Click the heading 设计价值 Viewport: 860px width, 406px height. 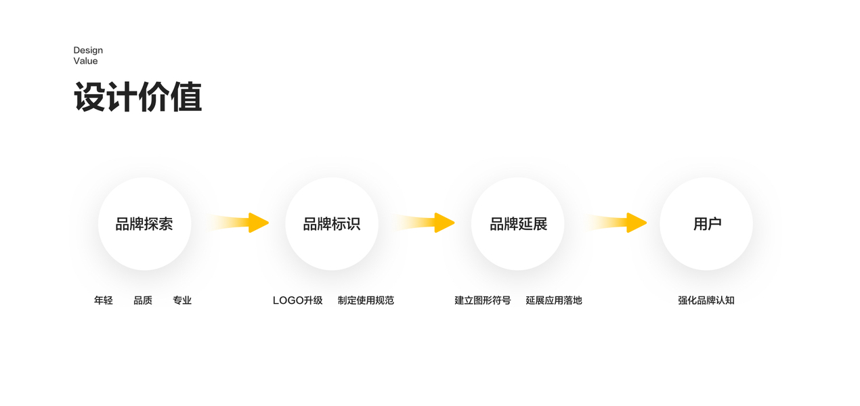[x=137, y=97]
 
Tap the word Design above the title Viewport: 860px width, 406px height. [x=88, y=50]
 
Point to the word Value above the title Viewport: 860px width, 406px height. [x=85, y=61]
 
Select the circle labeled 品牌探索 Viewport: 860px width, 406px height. [x=144, y=224]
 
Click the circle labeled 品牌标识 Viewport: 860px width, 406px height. [x=331, y=224]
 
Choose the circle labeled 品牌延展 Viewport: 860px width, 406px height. [x=518, y=224]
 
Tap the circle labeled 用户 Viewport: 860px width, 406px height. [x=706, y=224]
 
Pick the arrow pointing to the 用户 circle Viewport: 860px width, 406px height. [x=617, y=223]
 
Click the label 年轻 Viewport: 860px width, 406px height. [x=104, y=300]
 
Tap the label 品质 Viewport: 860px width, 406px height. [x=143, y=300]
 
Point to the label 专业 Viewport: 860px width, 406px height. [x=182, y=300]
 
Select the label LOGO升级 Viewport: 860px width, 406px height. [x=298, y=300]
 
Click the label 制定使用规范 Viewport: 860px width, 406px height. [x=366, y=300]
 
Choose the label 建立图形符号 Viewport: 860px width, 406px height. [x=483, y=300]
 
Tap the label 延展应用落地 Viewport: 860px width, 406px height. [x=554, y=300]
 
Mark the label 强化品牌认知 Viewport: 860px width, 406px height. [x=706, y=300]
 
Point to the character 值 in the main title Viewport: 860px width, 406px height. [x=186, y=97]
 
